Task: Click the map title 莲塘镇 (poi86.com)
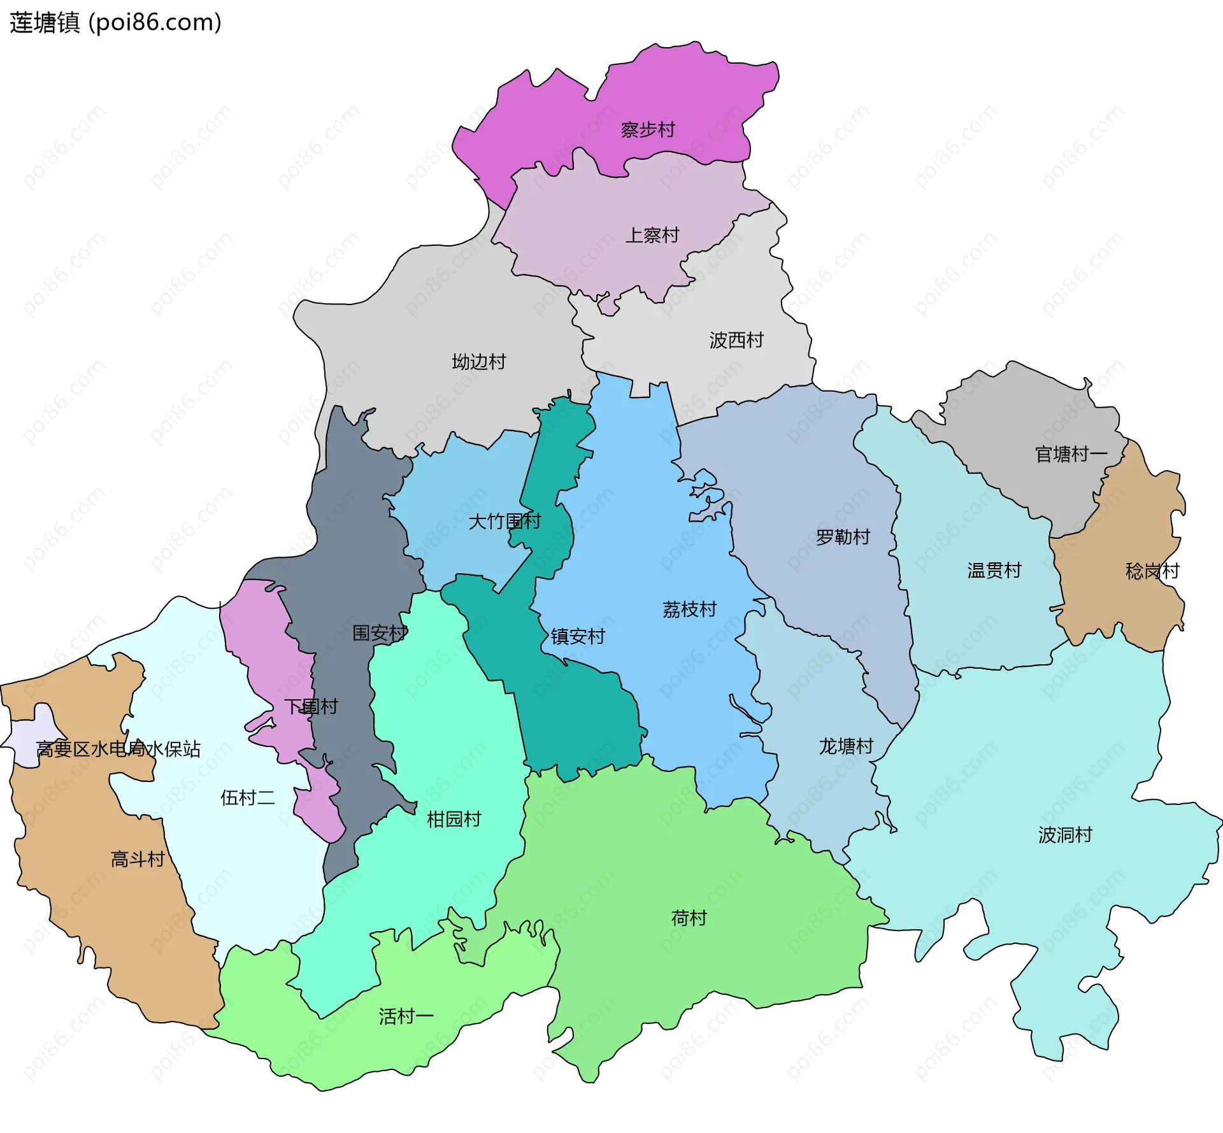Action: [x=115, y=23]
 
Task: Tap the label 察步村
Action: [x=648, y=130]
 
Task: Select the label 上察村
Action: [x=652, y=236]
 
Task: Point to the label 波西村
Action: [x=736, y=340]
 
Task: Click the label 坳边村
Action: [x=479, y=362]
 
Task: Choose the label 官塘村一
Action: [x=1071, y=454]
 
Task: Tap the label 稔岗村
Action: [x=1152, y=571]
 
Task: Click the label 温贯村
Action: [x=994, y=570]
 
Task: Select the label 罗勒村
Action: [x=843, y=537]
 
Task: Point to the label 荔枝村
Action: [x=689, y=609]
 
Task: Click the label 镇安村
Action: [x=578, y=636]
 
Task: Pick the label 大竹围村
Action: [x=504, y=522]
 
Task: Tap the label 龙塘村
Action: [x=846, y=746]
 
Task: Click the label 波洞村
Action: [x=1065, y=834]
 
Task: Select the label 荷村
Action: [x=689, y=918]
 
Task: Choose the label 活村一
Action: [x=406, y=1016]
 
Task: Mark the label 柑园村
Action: [x=454, y=819]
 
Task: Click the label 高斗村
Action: [x=138, y=859]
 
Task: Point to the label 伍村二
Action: [x=247, y=797]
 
